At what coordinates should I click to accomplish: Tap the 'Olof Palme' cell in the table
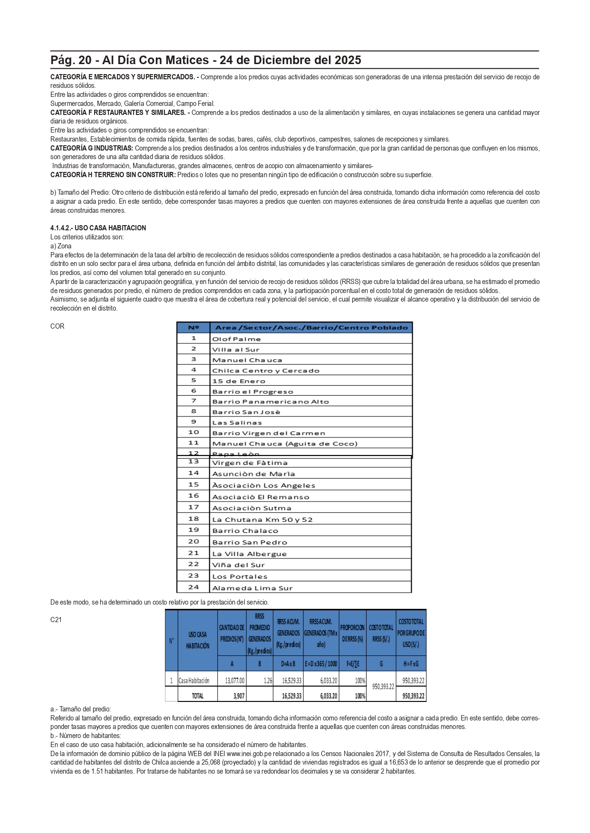point(236,339)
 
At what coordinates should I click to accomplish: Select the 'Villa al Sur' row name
point(235,350)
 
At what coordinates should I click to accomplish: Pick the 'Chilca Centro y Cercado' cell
point(265,371)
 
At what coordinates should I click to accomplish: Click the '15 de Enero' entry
point(239,381)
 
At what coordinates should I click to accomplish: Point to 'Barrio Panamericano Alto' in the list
point(270,402)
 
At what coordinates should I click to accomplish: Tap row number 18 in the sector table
point(193,519)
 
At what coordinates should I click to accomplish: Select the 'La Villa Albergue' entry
point(249,554)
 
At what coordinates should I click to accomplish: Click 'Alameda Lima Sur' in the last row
point(252,588)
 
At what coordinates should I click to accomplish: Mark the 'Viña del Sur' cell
point(238,565)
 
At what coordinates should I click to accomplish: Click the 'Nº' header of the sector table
point(193,328)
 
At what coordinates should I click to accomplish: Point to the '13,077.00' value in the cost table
point(235,681)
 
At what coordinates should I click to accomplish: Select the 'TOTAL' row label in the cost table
point(197,696)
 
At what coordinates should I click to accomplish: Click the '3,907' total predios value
point(239,696)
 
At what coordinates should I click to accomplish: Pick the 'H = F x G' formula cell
point(412,664)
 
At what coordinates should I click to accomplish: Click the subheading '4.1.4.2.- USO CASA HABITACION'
point(98,228)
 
